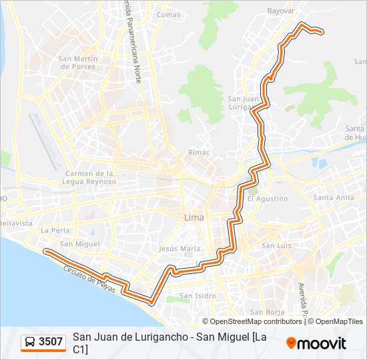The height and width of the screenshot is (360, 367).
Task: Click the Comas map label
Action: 167,14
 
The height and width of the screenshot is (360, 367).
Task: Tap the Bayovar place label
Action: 280,11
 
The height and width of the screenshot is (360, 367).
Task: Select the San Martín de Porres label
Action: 78,62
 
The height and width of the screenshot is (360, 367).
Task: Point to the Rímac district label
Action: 199,152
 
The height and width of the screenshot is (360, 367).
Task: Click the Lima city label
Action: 194,217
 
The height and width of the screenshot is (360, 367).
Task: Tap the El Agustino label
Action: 267,198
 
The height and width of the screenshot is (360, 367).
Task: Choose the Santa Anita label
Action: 334,197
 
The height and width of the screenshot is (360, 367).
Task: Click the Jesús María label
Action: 179,248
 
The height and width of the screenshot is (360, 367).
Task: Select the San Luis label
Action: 276,245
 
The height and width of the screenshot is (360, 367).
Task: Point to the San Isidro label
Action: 196,295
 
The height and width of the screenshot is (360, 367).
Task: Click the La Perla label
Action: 55,230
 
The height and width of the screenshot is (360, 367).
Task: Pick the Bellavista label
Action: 16,223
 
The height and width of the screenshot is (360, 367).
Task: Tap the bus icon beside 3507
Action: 31,342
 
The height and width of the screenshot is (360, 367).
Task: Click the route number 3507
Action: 51,342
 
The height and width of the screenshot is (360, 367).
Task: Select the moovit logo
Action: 316,343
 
